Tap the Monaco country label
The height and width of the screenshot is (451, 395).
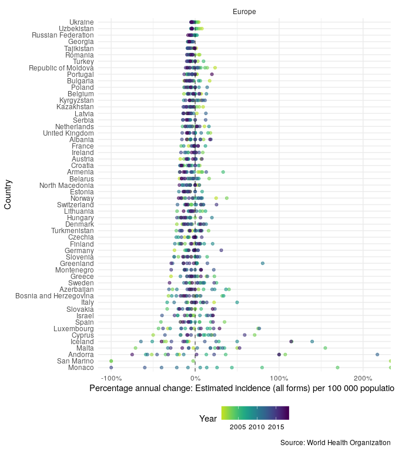(81, 368)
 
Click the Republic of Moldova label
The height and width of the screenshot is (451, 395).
(61, 68)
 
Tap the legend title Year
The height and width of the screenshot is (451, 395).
(208, 419)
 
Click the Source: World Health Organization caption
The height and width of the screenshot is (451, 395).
(335, 442)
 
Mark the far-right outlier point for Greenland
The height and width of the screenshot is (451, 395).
(263, 264)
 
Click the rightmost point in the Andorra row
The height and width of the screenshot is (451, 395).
(377, 355)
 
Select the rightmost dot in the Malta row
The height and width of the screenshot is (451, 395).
(325, 348)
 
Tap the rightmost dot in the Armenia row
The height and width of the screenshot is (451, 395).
(223, 172)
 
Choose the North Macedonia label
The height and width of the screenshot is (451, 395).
(66, 186)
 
